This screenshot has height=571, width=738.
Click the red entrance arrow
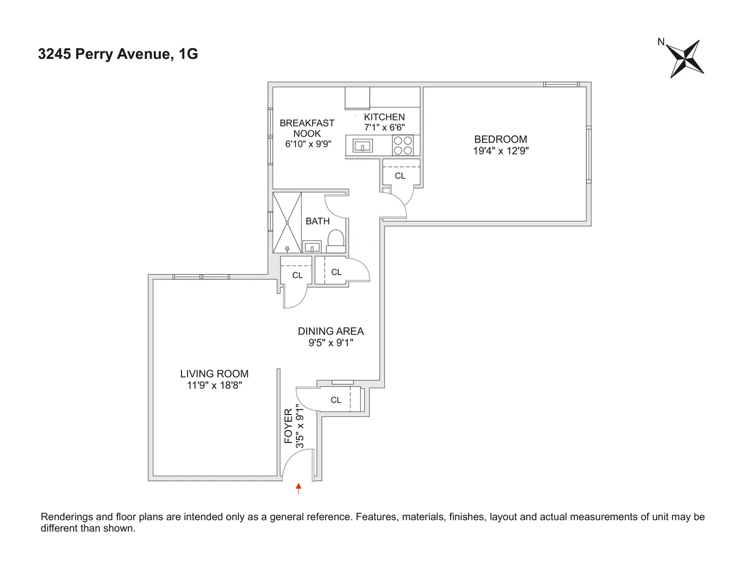[x=298, y=488]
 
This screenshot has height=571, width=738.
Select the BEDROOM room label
[x=500, y=139]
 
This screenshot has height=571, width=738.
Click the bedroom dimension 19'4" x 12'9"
[x=500, y=151]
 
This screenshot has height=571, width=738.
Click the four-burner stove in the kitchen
[x=403, y=146]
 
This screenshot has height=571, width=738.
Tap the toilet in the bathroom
[x=336, y=242]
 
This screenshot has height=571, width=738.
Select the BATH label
[x=317, y=221]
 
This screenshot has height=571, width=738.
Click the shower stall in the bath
[x=287, y=223]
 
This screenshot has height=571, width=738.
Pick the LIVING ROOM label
[x=214, y=374]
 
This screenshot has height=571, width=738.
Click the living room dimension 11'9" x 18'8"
[x=214, y=385]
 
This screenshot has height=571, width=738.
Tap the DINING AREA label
[x=330, y=331]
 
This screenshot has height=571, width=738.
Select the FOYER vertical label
[x=289, y=425]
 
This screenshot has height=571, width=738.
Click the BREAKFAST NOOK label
[x=307, y=128]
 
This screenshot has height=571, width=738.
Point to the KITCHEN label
[x=384, y=117]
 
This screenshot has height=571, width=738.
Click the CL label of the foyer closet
[x=336, y=400]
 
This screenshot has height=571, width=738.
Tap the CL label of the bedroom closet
[x=400, y=176]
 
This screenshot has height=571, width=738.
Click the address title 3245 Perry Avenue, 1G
[x=118, y=54]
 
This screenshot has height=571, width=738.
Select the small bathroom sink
[x=312, y=248]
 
